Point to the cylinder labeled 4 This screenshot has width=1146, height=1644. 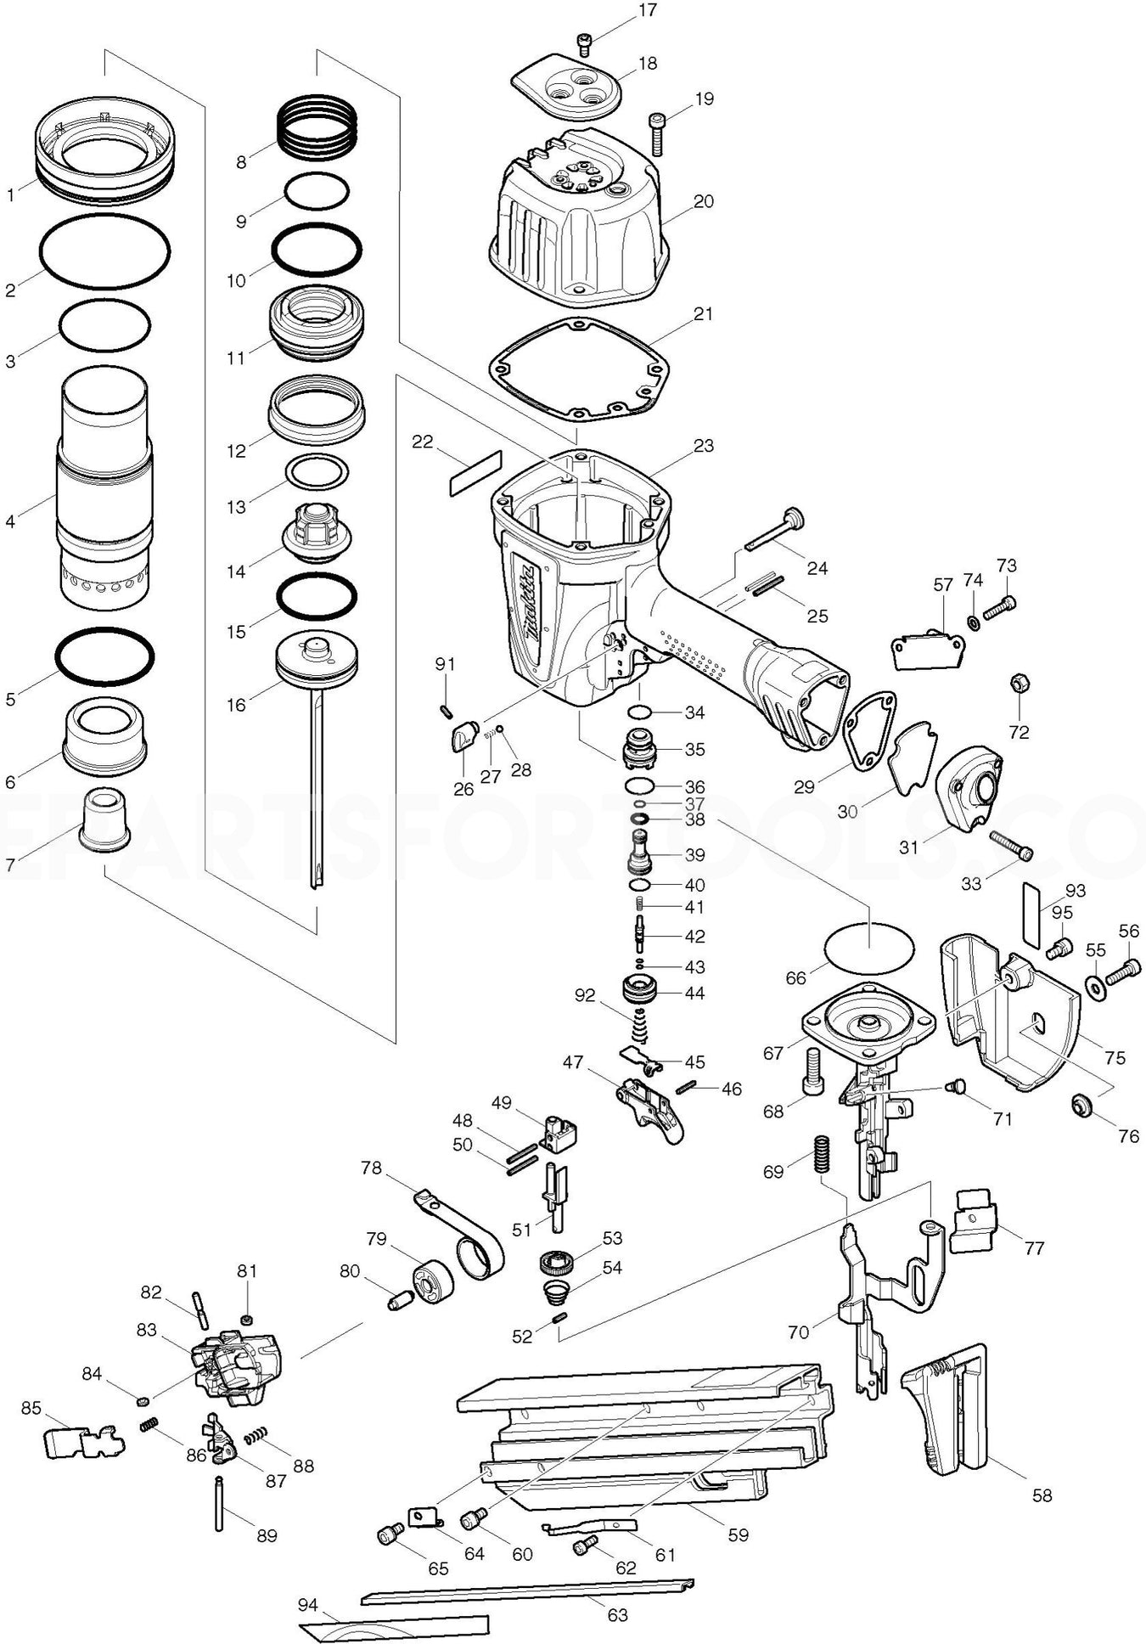click(x=105, y=493)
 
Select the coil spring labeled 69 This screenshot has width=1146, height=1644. click(x=821, y=1155)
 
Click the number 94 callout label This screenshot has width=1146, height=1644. click(x=308, y=1605)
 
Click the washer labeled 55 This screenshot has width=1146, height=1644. click(x=1095, y=984)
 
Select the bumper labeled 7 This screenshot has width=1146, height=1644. click(x=105, y=819)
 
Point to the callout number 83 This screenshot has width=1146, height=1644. click(x=147, y=1329)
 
